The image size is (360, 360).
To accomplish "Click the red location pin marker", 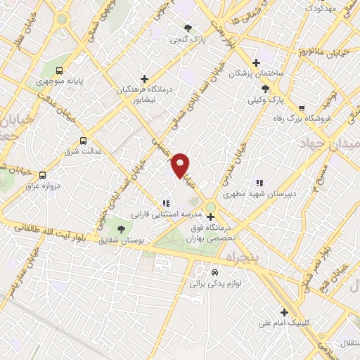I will coord(180,165).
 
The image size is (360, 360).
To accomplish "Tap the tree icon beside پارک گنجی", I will coord(188,28).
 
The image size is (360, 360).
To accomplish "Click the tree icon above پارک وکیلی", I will coord(265,89).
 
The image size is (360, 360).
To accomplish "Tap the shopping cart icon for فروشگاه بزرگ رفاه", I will coord(302,108).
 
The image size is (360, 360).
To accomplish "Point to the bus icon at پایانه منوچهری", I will coord(59,70).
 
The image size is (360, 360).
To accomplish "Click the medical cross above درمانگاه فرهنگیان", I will coord(144,79).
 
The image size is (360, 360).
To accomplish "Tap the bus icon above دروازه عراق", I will coord(43,175).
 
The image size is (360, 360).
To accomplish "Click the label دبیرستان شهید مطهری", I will coord(257,191).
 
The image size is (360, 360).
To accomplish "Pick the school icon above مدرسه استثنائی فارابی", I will coord(165,202).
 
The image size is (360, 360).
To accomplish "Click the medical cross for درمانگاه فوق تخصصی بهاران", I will coord(210,217).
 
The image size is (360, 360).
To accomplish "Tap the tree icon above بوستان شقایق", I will coord(122,229).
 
